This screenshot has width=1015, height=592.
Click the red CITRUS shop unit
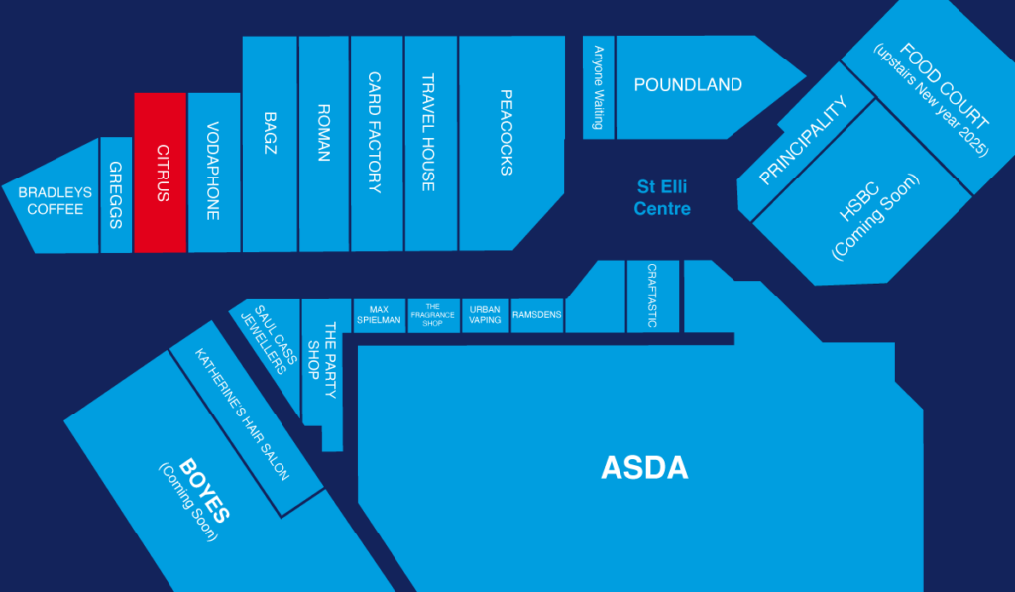tap(161, 173)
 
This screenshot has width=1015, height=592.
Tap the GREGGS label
tap(116, 194)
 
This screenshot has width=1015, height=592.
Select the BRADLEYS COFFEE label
tap(56, 201)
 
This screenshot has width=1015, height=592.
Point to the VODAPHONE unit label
tap(213, 171)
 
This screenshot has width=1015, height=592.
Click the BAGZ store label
tap(270, 133)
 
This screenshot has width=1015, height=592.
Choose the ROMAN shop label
tap(323, 132)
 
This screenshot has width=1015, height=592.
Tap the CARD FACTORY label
tap(376, 132)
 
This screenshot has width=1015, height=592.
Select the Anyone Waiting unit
tap(599, 86)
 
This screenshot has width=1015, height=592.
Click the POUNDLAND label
tap(688, 85)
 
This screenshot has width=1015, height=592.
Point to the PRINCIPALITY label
tap(804, 141)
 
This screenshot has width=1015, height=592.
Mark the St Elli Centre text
tap(662, 197)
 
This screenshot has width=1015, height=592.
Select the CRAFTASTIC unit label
tap(652, 296)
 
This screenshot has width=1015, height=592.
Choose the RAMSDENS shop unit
tap(537, 315)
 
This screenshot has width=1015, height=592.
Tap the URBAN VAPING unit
tap(485, 315)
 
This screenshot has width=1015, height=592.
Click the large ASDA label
tap(644, 468)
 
